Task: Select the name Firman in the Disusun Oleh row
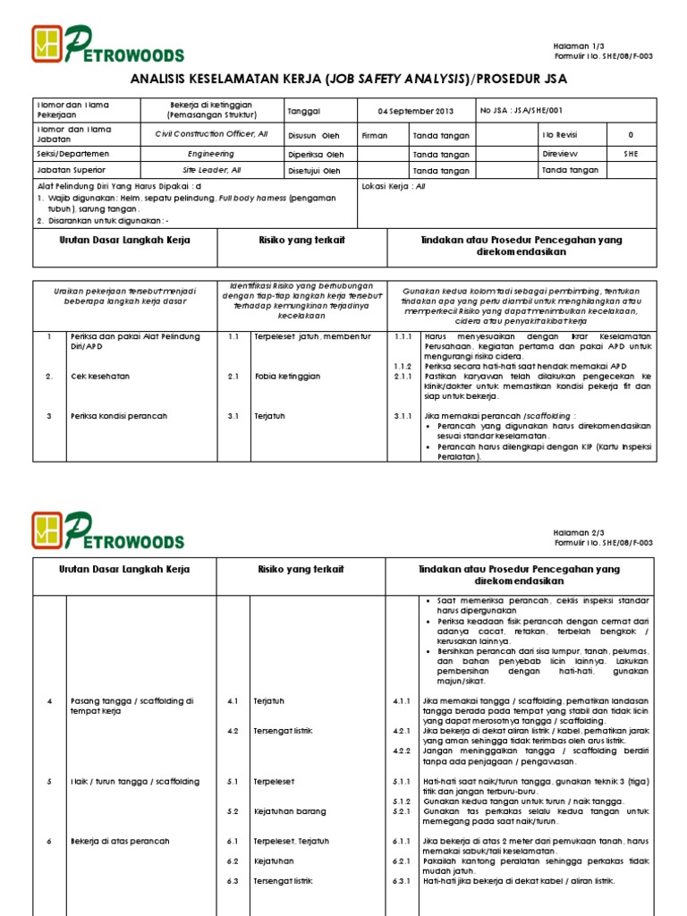pos(374,136)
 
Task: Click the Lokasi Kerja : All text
pos(394,187)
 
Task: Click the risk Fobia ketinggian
pos(286,377)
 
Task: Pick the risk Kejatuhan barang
pos(289,811)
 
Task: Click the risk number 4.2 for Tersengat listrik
pos(233,731)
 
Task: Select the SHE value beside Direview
pos(631,154)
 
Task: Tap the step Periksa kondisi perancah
pos(118,417)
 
